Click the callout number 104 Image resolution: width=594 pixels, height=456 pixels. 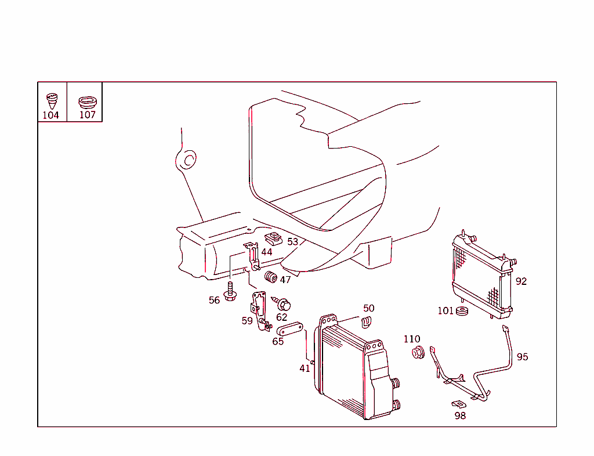[50, 115]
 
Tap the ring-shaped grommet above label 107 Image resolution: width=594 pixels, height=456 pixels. [87, 102]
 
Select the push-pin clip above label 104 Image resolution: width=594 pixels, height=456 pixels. [52, 100]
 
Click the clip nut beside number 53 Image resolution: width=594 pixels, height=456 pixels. [273, 238]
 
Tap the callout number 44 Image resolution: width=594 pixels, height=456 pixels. [266, 252]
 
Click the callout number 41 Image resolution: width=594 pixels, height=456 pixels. [305, 368]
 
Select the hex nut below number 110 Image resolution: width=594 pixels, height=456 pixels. [416, 352]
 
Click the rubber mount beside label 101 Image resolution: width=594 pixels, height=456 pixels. [462, 312]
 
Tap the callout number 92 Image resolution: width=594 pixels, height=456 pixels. [521, 281]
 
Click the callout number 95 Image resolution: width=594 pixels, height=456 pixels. [522, 357]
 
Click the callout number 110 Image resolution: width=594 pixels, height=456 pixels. [411, 339]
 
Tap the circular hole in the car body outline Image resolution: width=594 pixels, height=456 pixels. [188, 160]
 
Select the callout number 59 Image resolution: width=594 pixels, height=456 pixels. [247, 320]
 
